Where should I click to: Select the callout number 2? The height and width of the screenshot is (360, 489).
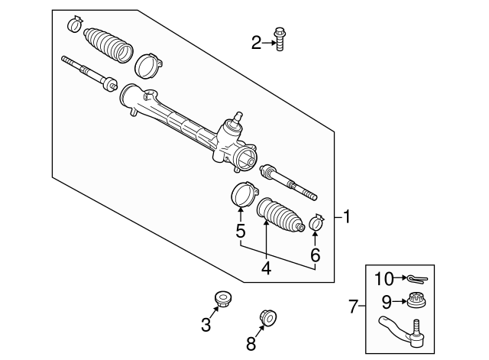coord(256,43)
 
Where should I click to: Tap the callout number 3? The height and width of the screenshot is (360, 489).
coord(206,325)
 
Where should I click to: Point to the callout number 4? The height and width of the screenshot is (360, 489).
coord(266,268)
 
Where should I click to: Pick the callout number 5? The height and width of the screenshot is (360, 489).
coord(240,230)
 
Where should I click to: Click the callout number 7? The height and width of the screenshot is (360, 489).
coord(353,307)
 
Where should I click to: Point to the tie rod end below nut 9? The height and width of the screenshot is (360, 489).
coord(401,329)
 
